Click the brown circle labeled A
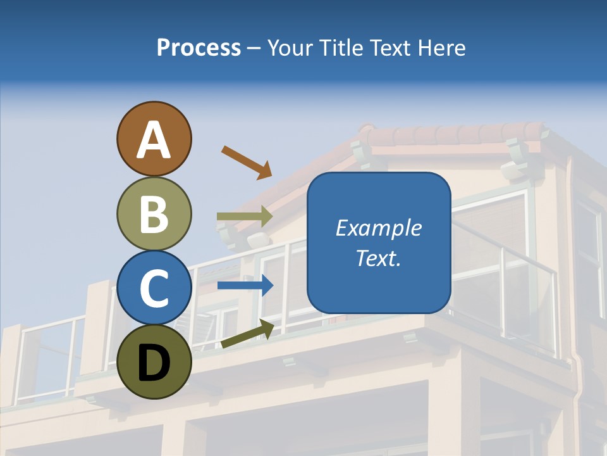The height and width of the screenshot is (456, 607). click(x=154, y=139)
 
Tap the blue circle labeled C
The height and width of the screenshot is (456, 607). click(x=154, y=288)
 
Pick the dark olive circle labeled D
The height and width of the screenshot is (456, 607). click(x=154, y=362)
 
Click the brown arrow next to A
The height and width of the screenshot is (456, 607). click(x=246, y=162)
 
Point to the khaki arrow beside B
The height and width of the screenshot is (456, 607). click(x=245, y=217)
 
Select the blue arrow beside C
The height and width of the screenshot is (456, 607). click(x=245, y=285)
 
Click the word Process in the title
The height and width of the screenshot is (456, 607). click(x=199, y=48)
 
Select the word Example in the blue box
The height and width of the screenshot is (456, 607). click(x=379, y=228)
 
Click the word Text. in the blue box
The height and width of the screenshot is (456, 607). click(x=379, y=258)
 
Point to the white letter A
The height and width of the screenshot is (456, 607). click(x=154, y=140)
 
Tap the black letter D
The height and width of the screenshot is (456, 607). click(x=154, y=364)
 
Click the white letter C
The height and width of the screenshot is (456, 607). click(x=154, y=288)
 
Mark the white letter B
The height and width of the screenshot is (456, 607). click(x=154, y=214)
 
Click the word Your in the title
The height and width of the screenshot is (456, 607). click(x=290, y=48)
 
